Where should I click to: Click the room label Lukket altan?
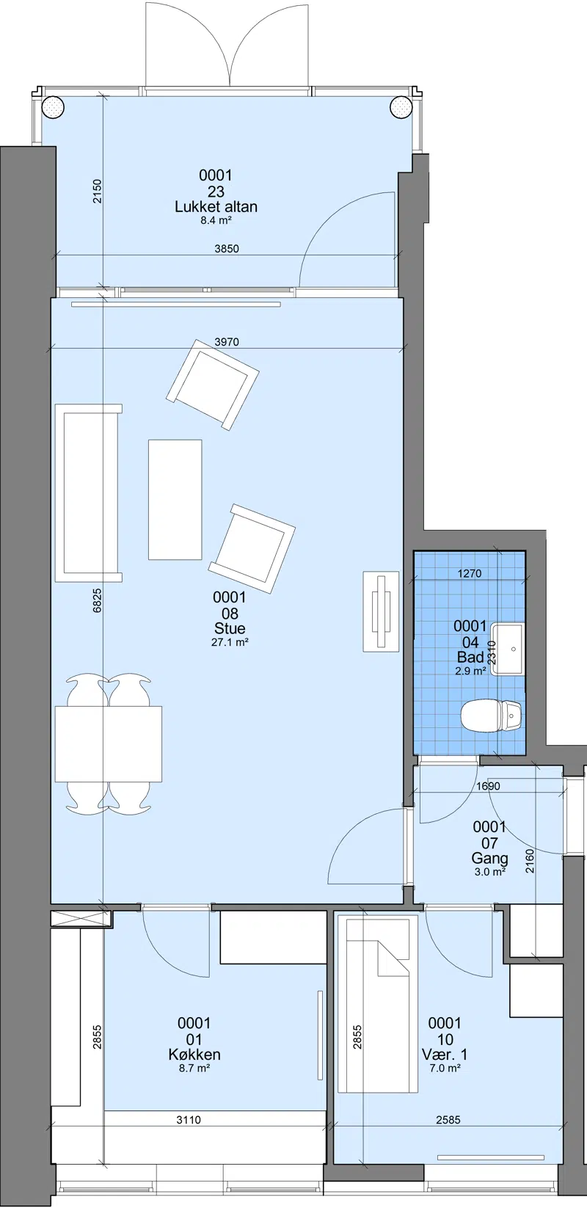coord(216,206)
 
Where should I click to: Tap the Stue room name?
coord(230,628)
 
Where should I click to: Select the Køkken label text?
coord(194,1055)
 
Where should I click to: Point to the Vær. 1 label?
coord(445,1055)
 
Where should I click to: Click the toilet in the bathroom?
coord(492,716)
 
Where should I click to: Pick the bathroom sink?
coord(508,649)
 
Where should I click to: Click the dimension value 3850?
coord(227,249)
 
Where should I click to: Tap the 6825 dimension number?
coord(98,600)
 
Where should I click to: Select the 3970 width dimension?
coord(227,342)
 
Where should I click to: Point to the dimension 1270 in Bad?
coord(470,574)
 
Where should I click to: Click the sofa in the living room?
coord(88,493)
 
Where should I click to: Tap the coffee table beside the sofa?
coord(175,499)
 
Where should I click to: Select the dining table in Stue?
coord(109,743)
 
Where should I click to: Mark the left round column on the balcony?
coord(54,106)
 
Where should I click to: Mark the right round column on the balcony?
coord(400,106)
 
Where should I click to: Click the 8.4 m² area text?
coord(216,220)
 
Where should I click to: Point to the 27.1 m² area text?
coord(230,641)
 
